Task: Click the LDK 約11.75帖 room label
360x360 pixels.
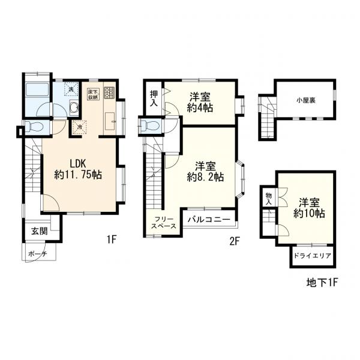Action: (x=78, y=170)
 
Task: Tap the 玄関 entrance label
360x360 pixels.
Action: (x=40, y=231)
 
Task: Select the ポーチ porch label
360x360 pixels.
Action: (x=38, y=254)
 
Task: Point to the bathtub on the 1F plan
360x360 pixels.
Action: (x=37, y=90)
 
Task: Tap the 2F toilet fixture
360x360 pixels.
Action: (x=150, y=126)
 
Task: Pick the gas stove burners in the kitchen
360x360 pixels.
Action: (x=109, y=93)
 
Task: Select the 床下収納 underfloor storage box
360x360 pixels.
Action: (x=93, y=94)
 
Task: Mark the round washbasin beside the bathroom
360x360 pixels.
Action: (x=74, y=107)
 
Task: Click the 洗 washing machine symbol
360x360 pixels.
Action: (x=71, y=89)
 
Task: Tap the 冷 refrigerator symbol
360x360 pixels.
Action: (x=79, y=127)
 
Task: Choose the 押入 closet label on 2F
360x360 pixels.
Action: (x=154, y=98)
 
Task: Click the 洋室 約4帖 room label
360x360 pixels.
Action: (x=200, y=102)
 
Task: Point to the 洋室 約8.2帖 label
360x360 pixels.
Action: (x=205, y=172)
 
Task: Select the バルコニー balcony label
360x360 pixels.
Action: (x=209, y=219)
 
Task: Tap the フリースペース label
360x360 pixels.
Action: (x=164, y=222)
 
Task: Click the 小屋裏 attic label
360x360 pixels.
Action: (x=305, y=100)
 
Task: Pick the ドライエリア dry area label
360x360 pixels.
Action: (x=312, y=256)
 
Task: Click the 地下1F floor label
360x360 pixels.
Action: (x=321, y=283)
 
